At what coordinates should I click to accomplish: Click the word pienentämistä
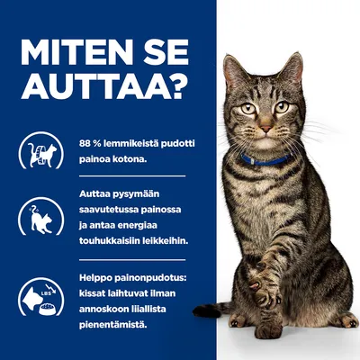coord(111,324)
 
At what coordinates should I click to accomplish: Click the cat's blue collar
coord(265,160)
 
